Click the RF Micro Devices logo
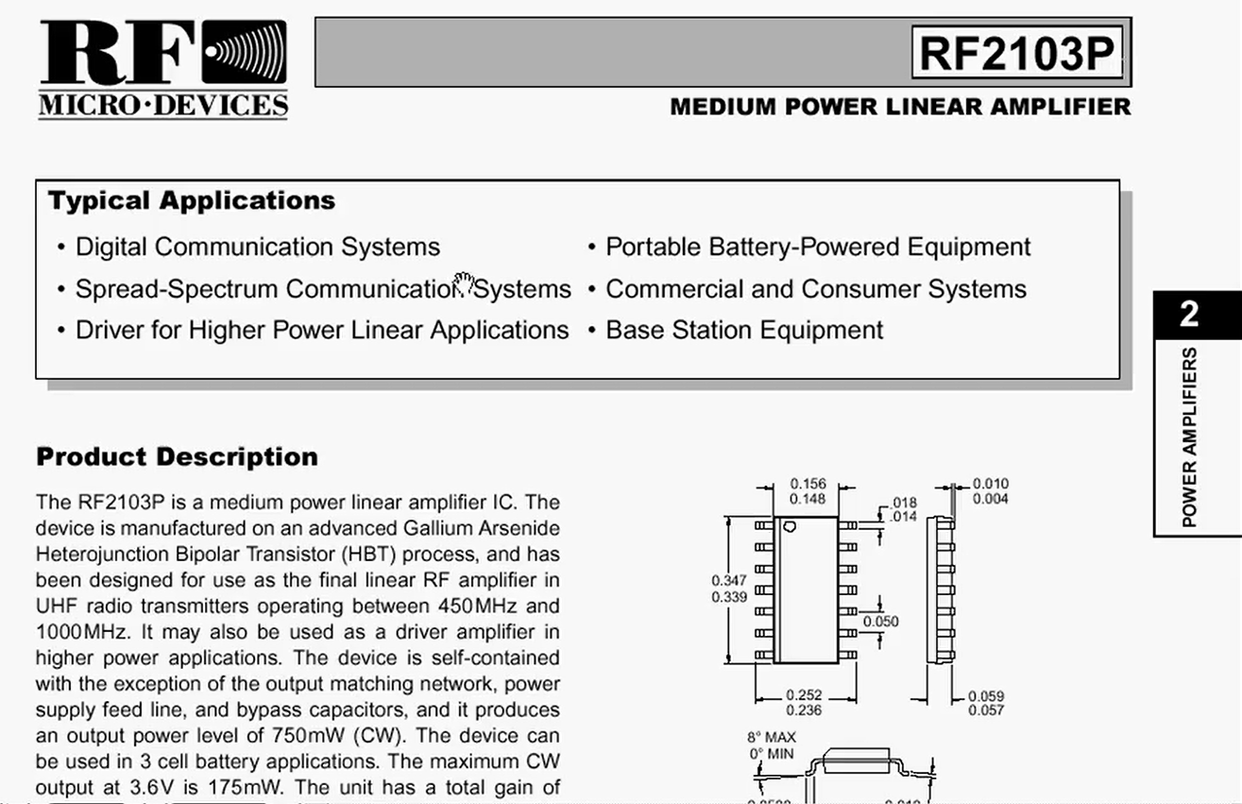click(x=162, y=70)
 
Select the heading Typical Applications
click(x=192, y=201)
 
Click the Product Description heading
click(x=177, y=457)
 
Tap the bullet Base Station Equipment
click(x=744, y=331)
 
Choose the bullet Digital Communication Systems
click(x=257, y=248)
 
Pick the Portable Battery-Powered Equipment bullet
click(x=818, y=248)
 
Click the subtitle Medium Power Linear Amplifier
click(x=900, y=107)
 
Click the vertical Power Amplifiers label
click(x=1189, y=436)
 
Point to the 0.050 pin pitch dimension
click(x=880, y=622)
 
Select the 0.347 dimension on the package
click(x=728, y=581)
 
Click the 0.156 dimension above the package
click(x=807, y=485)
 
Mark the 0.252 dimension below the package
click(x=804, y=696)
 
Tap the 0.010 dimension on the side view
click(x=991, y=485)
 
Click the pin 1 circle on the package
click(x=790, y=526)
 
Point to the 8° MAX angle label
click(x=772, y=737)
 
